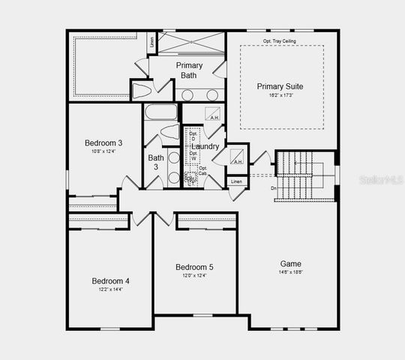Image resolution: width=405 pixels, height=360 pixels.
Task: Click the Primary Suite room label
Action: pyautogui.click(x=281, y=86)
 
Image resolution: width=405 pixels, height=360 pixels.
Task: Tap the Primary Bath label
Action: pyautogui.click(x=189, y=70)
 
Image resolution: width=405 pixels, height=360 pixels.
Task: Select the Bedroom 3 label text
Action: pyautogui.click(x=103, y=143)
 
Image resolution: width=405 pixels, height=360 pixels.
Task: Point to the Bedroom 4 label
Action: pyautogui.click(x=111, y=281)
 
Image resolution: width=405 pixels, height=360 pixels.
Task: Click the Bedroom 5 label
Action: pyautogui.click(x=194, y=268)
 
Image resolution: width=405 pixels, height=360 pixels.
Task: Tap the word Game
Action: pyautogui.click(x=291, y=264)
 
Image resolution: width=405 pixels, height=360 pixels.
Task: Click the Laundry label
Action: pyautogui.click(x=205, y=146)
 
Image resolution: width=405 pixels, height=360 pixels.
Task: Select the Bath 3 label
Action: pyautogui.click(x=156, y=162)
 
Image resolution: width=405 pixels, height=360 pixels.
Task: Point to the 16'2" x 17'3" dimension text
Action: pyautogui.click(x=281, y=96)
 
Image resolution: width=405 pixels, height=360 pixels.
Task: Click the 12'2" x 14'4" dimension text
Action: pyautogui.click(x=111, y=289)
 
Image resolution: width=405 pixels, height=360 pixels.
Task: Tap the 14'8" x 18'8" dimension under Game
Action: pyautogui.click(x=291, y=273)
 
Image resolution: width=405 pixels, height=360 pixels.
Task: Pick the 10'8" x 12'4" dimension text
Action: pyautogui.click(x=103, y=152)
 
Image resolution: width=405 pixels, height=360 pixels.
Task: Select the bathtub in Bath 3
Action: pyautogui.click(x=160, y=113)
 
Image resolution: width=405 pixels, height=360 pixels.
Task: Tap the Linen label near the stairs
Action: pyautogui.click(x=237, y=182)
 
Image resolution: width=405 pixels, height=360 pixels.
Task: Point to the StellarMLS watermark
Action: pyautogui.click(x=378, y=181)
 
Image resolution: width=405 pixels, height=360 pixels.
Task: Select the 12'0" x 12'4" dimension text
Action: pyautogui.click(x=194, y=276)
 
